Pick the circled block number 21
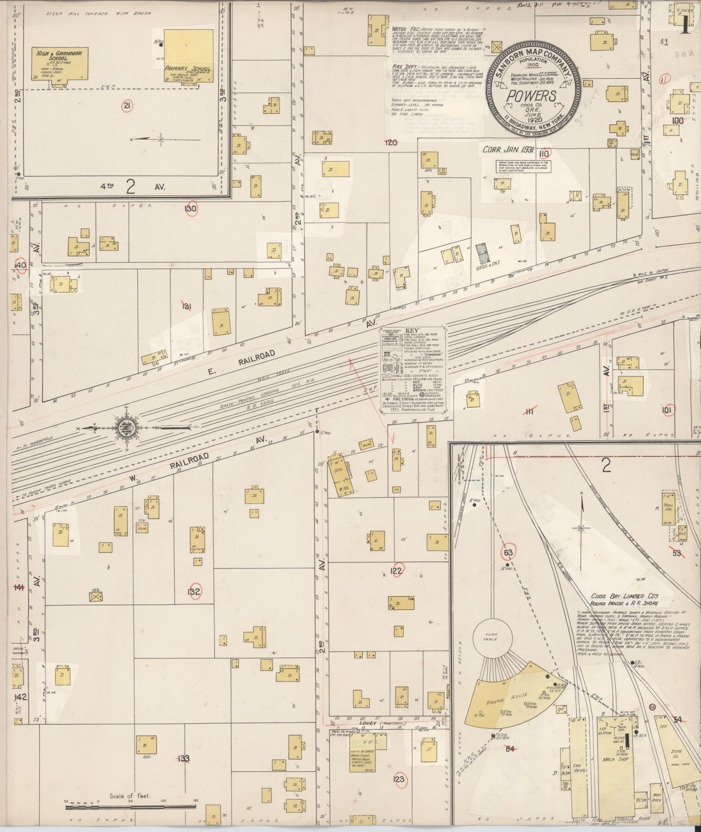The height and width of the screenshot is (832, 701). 127,106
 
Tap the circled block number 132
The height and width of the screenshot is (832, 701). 194,592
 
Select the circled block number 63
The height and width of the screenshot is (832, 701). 508,552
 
